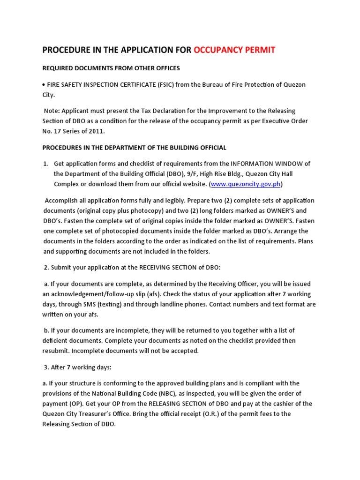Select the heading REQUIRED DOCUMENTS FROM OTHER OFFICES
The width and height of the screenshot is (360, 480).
click(x=111, y=68)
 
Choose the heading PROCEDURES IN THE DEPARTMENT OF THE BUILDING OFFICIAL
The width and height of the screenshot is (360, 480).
click(x=134, y=148)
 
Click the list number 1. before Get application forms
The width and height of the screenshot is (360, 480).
click(x=45, y=164)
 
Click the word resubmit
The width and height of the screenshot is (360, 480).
click(x=57, y=351)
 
